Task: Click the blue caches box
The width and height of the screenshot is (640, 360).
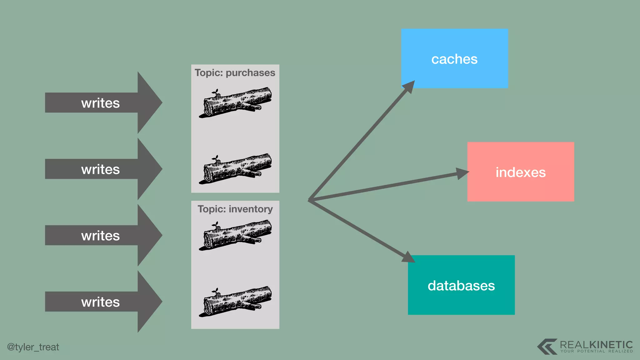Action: click(454, 58)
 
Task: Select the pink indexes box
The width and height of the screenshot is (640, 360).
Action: click(521, 172)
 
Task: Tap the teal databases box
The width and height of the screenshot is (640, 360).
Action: click(461, 285)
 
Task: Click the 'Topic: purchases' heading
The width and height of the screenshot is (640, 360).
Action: click(235, 73)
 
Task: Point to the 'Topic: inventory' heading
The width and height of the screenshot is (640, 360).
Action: click(235, 209)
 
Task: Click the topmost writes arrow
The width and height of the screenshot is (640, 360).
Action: click(103, 103)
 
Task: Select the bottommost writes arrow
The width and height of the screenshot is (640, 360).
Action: click(103, 302)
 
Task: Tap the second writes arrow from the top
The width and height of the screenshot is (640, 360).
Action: click(103, 169)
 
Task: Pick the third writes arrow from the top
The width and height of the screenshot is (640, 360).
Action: click(103, 235)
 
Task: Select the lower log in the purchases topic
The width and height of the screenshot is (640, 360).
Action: click(235, 169)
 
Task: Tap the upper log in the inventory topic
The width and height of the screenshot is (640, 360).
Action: click(235, 235)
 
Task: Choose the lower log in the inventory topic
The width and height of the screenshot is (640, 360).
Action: click(235, 302)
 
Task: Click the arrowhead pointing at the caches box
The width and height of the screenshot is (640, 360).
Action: click(409, 87)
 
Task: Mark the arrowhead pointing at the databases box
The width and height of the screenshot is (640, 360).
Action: click(408, 257)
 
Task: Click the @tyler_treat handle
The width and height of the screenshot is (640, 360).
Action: click(33, 347)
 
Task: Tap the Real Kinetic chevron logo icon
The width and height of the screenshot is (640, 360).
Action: click(547, 346)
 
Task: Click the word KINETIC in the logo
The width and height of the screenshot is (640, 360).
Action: click(611, 345)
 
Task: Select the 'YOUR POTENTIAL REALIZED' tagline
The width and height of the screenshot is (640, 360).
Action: click(596, 351)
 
